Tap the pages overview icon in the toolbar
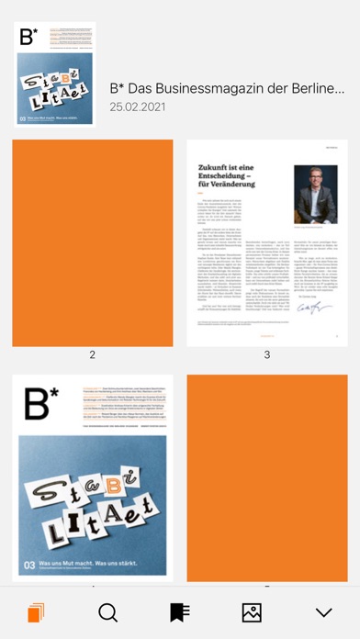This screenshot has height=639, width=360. (36, 612)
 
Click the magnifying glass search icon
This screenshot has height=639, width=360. (107, 612)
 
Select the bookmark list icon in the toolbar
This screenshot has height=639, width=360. (179, 612)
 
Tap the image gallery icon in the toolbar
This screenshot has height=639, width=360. (251, 612)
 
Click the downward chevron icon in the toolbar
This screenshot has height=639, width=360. (323, 612)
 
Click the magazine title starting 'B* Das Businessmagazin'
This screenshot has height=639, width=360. (227, 89)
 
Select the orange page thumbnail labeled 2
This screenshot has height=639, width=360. (93, 243)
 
